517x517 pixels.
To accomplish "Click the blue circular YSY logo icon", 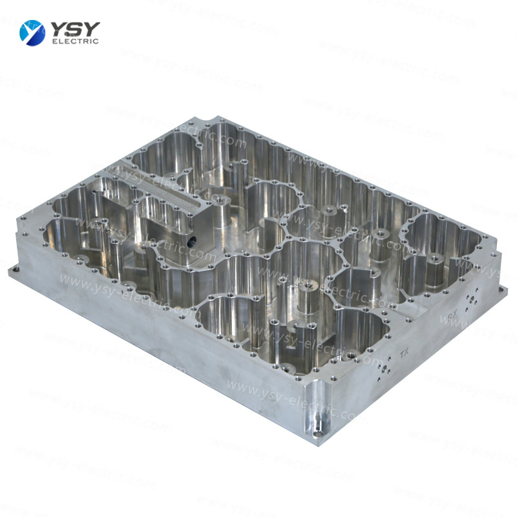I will click(x=32, y=32).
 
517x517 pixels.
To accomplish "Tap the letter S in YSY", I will click(x=75, y=28).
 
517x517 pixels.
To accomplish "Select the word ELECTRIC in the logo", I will click(x=74, y=42).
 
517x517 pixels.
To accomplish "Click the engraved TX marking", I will click(x=405, y=353).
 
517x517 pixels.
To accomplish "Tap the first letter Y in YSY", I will click(x=59, y=28).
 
